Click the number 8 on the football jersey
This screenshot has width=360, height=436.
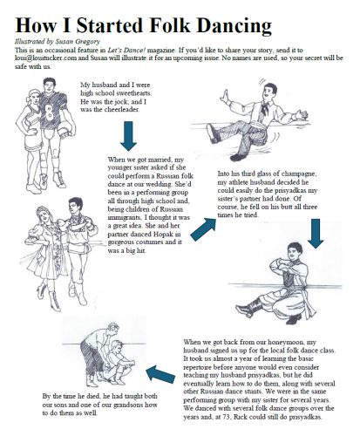(50, 112)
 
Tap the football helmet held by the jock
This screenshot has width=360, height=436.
(65, 129)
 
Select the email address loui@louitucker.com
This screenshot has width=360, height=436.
(45, 58)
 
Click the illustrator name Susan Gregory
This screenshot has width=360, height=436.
(78, 42)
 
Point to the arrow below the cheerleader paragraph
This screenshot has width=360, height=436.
(128, 136)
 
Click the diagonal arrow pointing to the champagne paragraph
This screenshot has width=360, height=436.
(203, 229)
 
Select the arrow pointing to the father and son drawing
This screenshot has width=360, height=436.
(160, 374)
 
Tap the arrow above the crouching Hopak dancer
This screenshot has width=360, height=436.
(316, 234)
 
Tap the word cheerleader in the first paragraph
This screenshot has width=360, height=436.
(122, 110)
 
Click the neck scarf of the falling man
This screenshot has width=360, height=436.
(264, 108)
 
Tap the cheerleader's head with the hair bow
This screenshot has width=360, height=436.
(33, 97)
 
